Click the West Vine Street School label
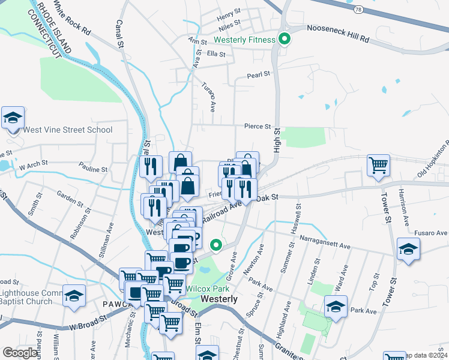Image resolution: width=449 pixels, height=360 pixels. pyautogui.click(x=67, y=130)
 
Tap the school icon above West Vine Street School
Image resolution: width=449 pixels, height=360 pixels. pyautogui.click(x=12, y=118)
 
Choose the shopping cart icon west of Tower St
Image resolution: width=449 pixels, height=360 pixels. pyautogui.click(x=378, y=165)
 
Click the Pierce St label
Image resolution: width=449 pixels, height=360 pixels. pyautogui.click(x=258, y=127)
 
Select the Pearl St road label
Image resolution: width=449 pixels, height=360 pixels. pyautogui.click(x=259, y=76)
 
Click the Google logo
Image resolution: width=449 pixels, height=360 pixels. pyautogui.click(x=20, y=352)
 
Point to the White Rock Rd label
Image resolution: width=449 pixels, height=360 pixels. pyautogui.click(x=72, y=20)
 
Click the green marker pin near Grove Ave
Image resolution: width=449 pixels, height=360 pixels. pyautogui.click(x=216, y=245)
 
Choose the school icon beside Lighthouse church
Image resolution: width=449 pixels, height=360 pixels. pyautogui.click(x=74, y=296)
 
